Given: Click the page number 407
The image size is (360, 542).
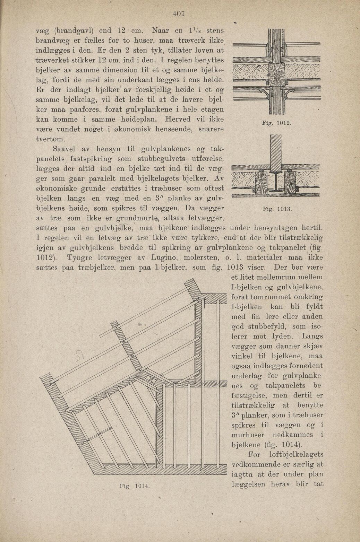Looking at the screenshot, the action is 179,14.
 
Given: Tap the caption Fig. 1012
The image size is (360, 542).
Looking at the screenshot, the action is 276,123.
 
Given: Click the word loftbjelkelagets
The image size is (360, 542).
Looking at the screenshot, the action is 296,455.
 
